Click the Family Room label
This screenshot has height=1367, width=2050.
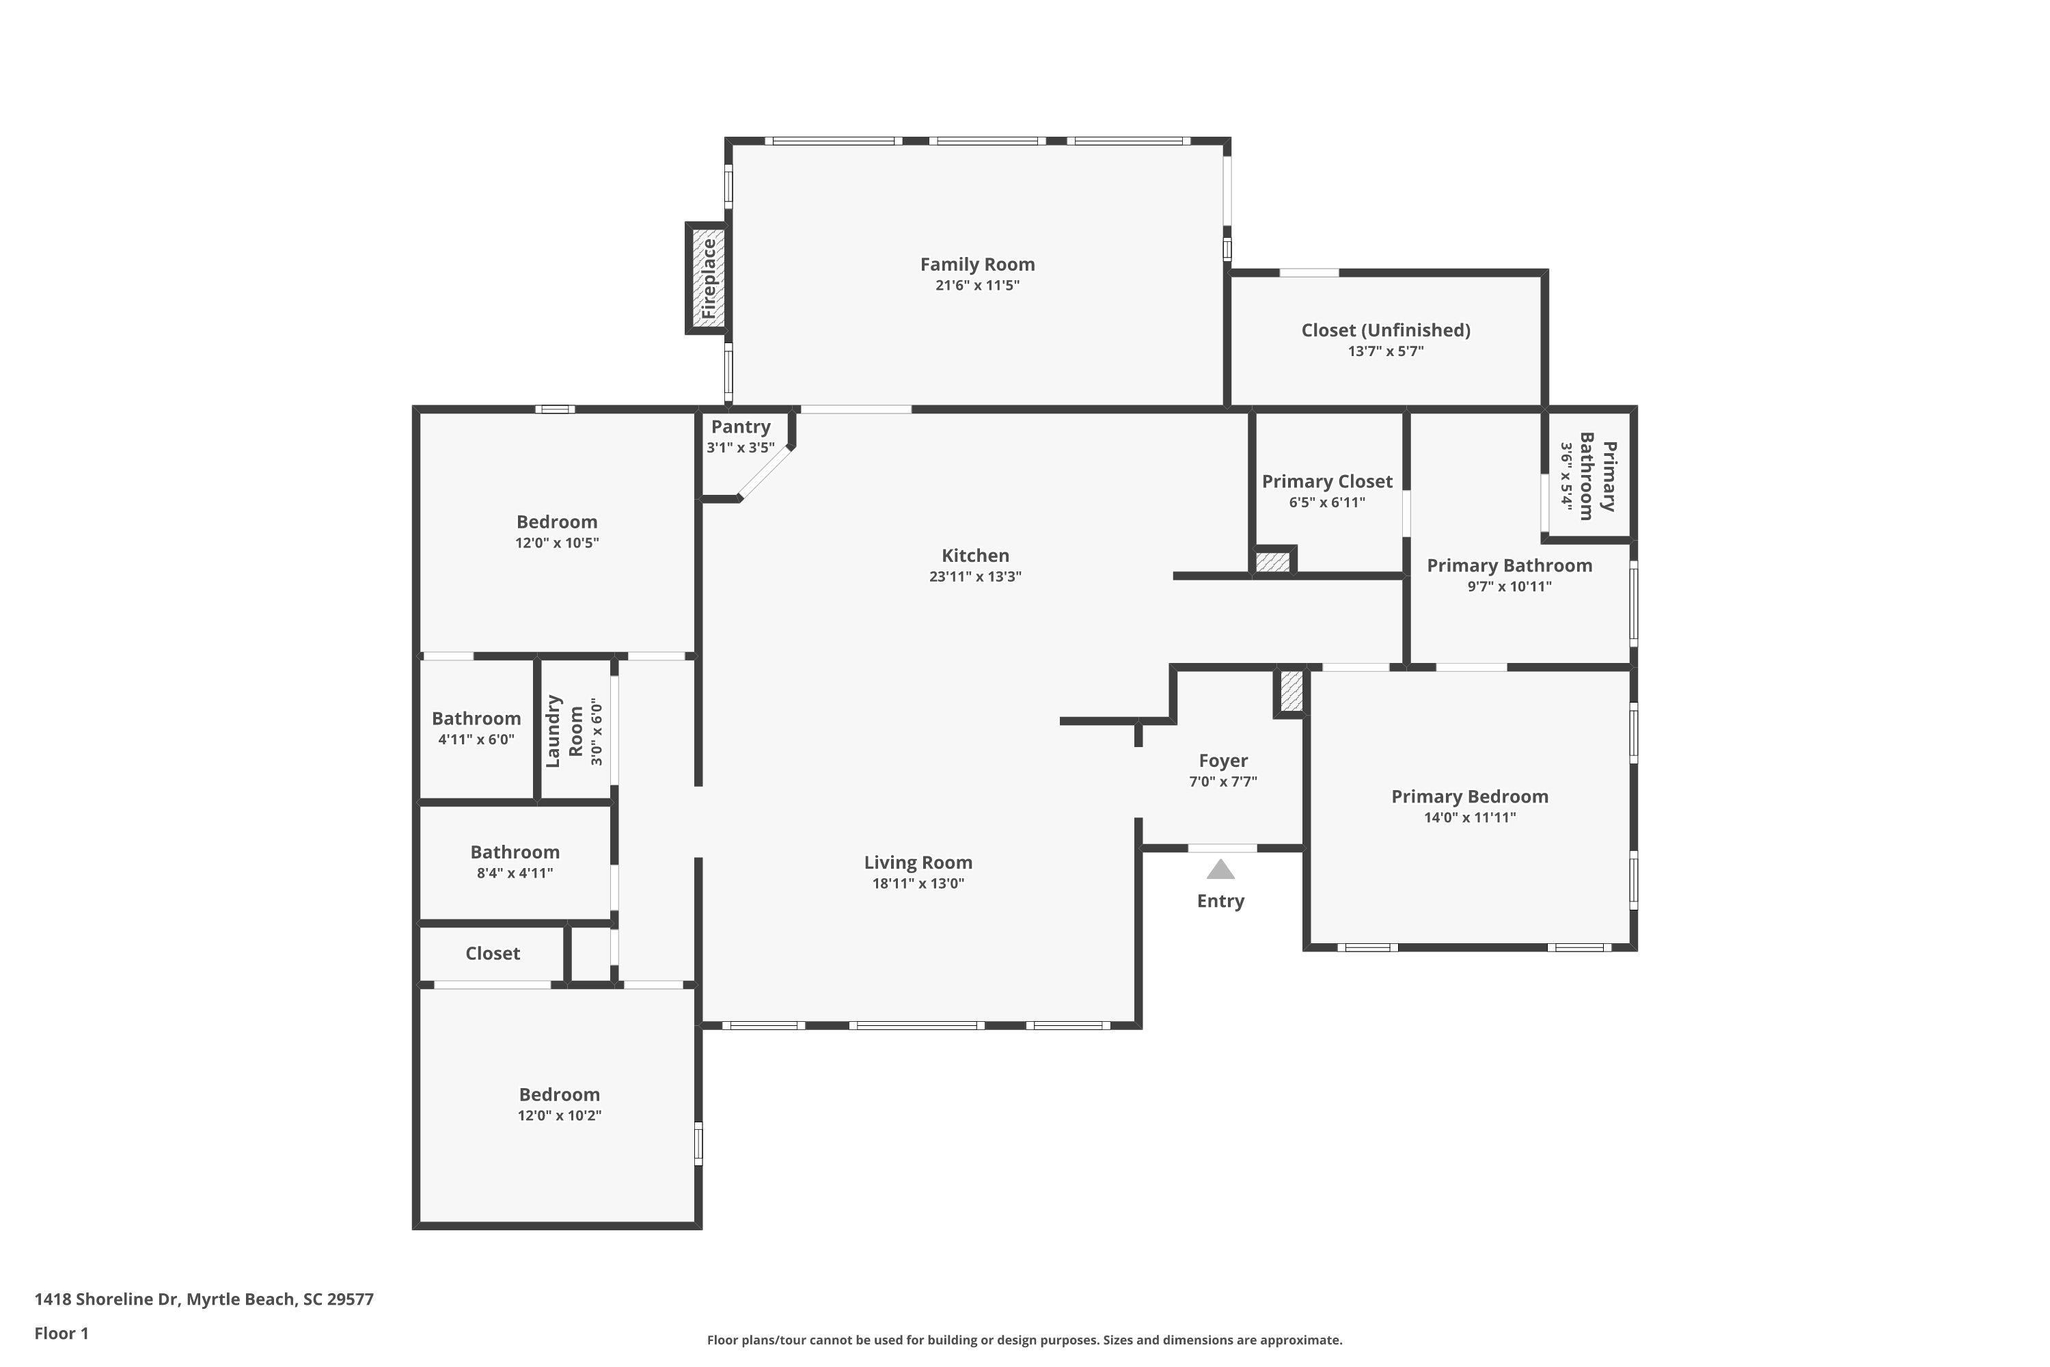(x=977, y=264)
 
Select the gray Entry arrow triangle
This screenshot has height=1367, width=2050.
(x=1220, y=869)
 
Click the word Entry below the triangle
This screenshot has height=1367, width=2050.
(x=1220, y=902)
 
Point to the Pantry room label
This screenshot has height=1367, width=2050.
(x=741, y=427)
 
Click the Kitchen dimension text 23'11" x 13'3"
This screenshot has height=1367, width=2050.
(x=975, y=576)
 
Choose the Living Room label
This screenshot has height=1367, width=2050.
(x=918, y=862)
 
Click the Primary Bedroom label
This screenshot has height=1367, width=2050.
(x=1470, y=797)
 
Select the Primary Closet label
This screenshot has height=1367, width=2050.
(x=1326, y=481)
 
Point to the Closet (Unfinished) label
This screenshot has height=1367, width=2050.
(x=1386, y=330)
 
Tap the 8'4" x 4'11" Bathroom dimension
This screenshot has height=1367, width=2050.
(x=515, y=873)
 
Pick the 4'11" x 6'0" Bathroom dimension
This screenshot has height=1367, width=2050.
(x=476, y=740)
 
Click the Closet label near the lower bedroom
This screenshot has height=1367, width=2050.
(x=493, y=953)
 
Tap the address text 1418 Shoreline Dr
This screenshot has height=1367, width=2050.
(x=107, y=1299)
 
